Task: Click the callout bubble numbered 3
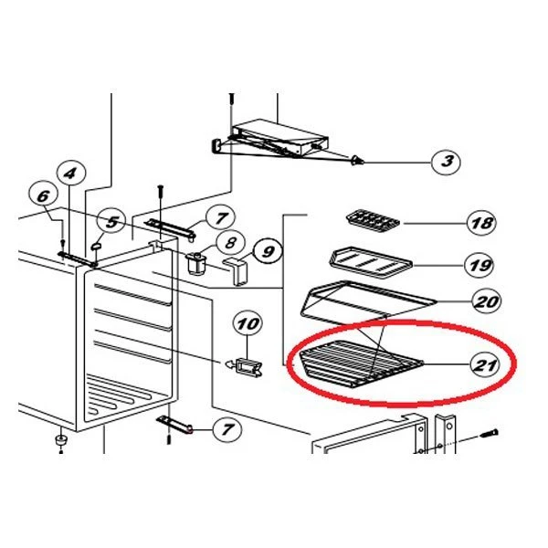446,162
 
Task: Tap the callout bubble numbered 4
71,174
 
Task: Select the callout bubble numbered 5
111,222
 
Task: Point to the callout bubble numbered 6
43,196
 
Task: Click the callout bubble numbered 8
230,242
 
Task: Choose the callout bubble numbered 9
268,250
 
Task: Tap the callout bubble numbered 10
248,323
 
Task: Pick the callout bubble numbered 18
482,223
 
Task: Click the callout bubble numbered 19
479,265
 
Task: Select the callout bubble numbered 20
487,300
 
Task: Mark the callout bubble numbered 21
485,364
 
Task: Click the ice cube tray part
373,222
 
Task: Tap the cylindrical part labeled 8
197,264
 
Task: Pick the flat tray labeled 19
371,263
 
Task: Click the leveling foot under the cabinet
61,440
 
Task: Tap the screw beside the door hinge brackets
489,434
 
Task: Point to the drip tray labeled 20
367,302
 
